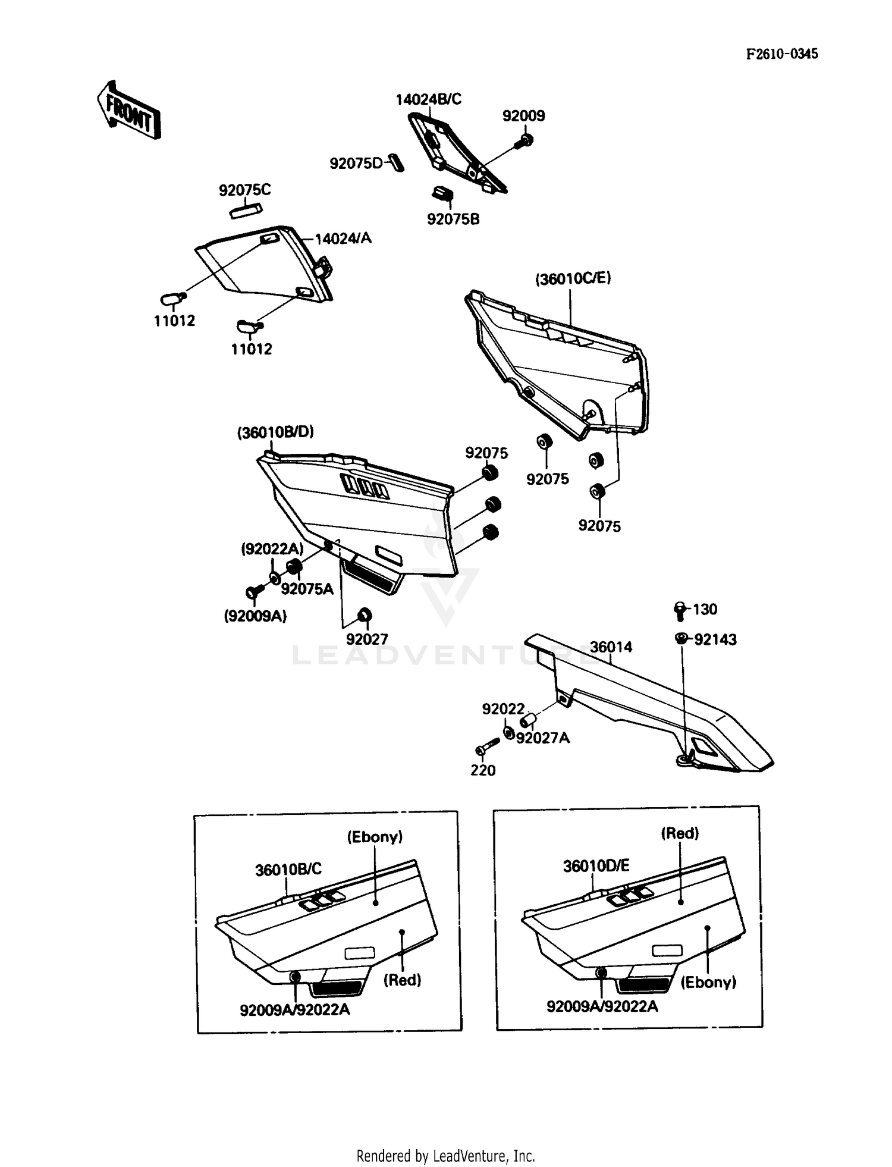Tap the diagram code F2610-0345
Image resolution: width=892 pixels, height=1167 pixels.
coord(782,54)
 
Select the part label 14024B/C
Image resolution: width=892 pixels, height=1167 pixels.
coord(428,99)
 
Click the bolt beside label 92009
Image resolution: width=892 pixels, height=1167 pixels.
coord(524,141)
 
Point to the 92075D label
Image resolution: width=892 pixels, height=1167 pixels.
coord(356,163)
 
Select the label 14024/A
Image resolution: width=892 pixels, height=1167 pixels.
coord(343,239)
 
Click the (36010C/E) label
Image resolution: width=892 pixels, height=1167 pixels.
coord(573,278)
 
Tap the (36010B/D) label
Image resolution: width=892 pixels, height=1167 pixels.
coord(276,432)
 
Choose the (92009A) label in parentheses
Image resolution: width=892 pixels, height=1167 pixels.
coord(255,617)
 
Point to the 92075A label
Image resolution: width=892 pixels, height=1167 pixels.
coord(307,589)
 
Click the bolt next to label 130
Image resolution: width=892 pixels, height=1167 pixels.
coord(680,609)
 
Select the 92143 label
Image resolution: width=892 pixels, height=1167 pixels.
coord(715,639)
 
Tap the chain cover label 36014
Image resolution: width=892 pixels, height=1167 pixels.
coord(611,647)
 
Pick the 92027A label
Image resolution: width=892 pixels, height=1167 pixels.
coord(543,738)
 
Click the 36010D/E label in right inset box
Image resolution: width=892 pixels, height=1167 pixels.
coord(596,866)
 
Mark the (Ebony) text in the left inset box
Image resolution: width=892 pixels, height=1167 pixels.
coord(375,837)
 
